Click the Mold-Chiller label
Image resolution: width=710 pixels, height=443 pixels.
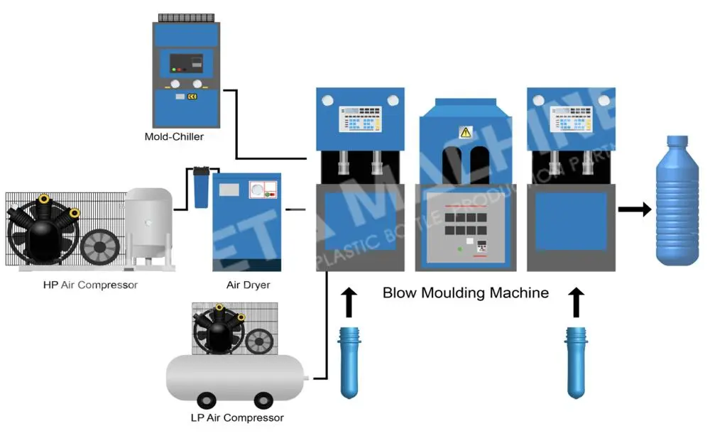pyautogui.click(x=174, y=136)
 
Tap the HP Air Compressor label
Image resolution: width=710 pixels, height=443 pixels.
pyautogui.click(x=89, y=285)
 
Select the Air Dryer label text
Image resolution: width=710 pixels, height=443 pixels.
pyautogui.click(x=248, y=285)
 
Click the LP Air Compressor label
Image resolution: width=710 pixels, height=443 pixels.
pyautogui.click(x=237, y=417)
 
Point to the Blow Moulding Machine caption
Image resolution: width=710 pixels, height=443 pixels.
pyautogui.click(x=465, y=292)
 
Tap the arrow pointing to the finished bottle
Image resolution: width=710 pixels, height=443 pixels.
pyautogui.click(x=634, y=209)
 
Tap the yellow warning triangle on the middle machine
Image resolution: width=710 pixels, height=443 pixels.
pyautogui.click(x=466, y=132)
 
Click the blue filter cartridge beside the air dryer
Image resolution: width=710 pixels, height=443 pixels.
pyautogui.click(x=201, y=188)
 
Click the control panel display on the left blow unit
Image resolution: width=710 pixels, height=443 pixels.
pyautogui.click(x=360, y=118)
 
